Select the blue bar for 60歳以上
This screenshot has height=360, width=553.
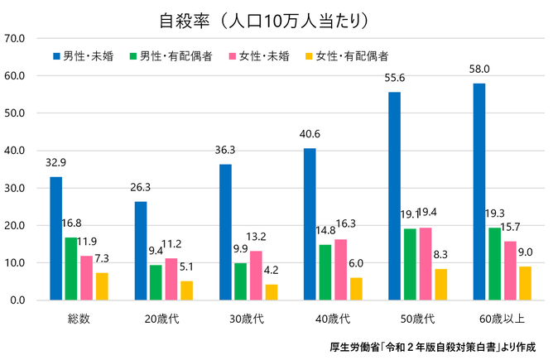point(479,191)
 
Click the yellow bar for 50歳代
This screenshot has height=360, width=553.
point(440,284)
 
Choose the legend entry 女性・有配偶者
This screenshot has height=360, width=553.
point(349,56)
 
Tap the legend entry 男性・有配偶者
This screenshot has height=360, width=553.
point(171,56)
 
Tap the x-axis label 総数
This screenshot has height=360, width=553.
point(79,319)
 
